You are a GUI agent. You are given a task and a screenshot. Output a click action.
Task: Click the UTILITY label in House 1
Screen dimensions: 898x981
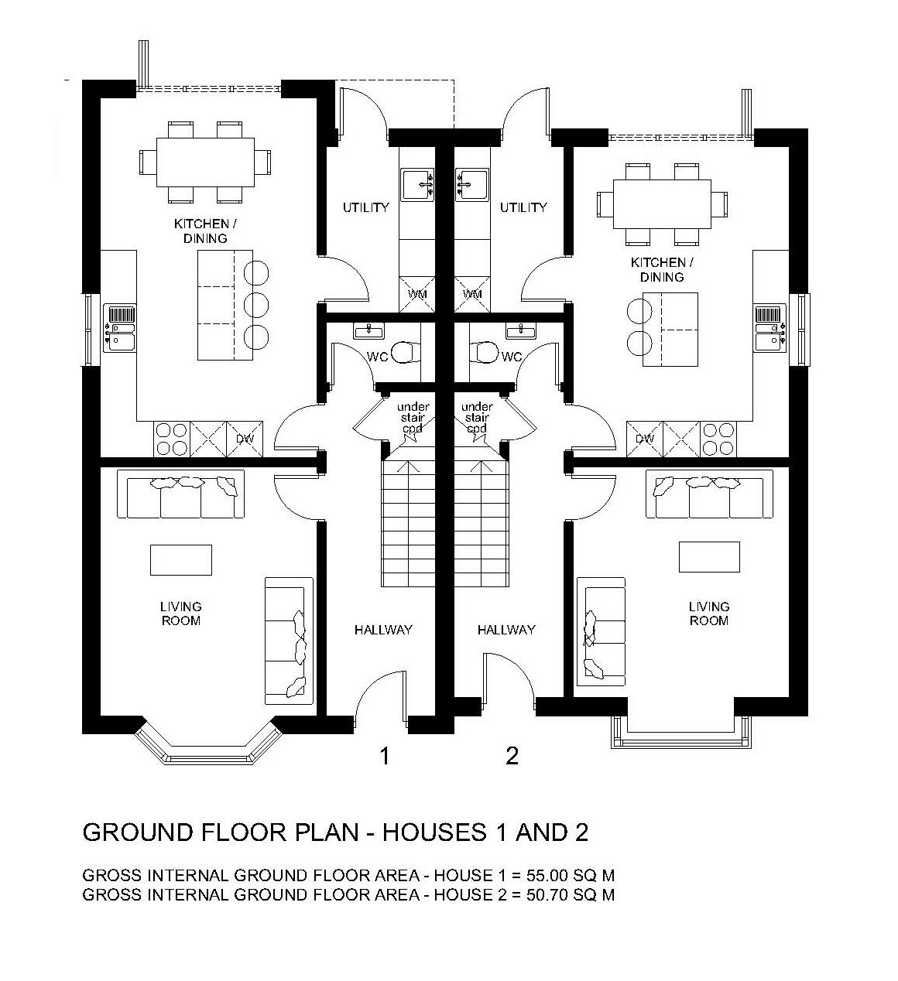(365, 207)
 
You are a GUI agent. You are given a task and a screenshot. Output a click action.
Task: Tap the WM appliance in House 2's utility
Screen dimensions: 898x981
(471, 294)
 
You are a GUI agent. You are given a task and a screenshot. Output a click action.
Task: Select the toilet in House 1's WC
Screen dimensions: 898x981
(406, 351)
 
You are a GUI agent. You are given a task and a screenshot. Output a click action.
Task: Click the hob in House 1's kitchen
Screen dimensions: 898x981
(172, 439)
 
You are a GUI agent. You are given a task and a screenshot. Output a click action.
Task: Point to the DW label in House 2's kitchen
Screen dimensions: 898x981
(645, 439)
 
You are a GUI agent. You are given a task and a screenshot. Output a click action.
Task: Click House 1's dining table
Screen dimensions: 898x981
(205, 162)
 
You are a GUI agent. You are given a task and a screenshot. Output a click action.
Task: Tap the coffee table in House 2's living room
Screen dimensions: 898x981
(709, 556)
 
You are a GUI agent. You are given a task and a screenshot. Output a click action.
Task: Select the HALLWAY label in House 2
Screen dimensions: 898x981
(506, 630)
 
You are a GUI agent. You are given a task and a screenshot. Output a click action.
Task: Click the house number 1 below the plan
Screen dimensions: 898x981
(385, 756)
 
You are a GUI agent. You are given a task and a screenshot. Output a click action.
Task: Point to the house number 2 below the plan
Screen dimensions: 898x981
(512, 756)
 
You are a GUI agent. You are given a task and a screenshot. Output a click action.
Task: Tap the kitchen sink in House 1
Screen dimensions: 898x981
(119, 329)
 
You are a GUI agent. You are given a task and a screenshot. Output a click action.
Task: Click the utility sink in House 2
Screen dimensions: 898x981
(471, 185)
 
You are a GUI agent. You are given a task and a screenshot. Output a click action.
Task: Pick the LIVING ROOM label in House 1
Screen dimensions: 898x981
(180, 614)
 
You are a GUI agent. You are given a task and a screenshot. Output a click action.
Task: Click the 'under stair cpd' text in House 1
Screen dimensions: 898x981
(413, 417)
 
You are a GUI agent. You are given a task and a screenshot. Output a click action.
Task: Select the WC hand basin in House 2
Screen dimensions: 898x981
(521, 332)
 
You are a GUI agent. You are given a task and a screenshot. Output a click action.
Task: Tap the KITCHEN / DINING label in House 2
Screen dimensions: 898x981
(662, 269)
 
